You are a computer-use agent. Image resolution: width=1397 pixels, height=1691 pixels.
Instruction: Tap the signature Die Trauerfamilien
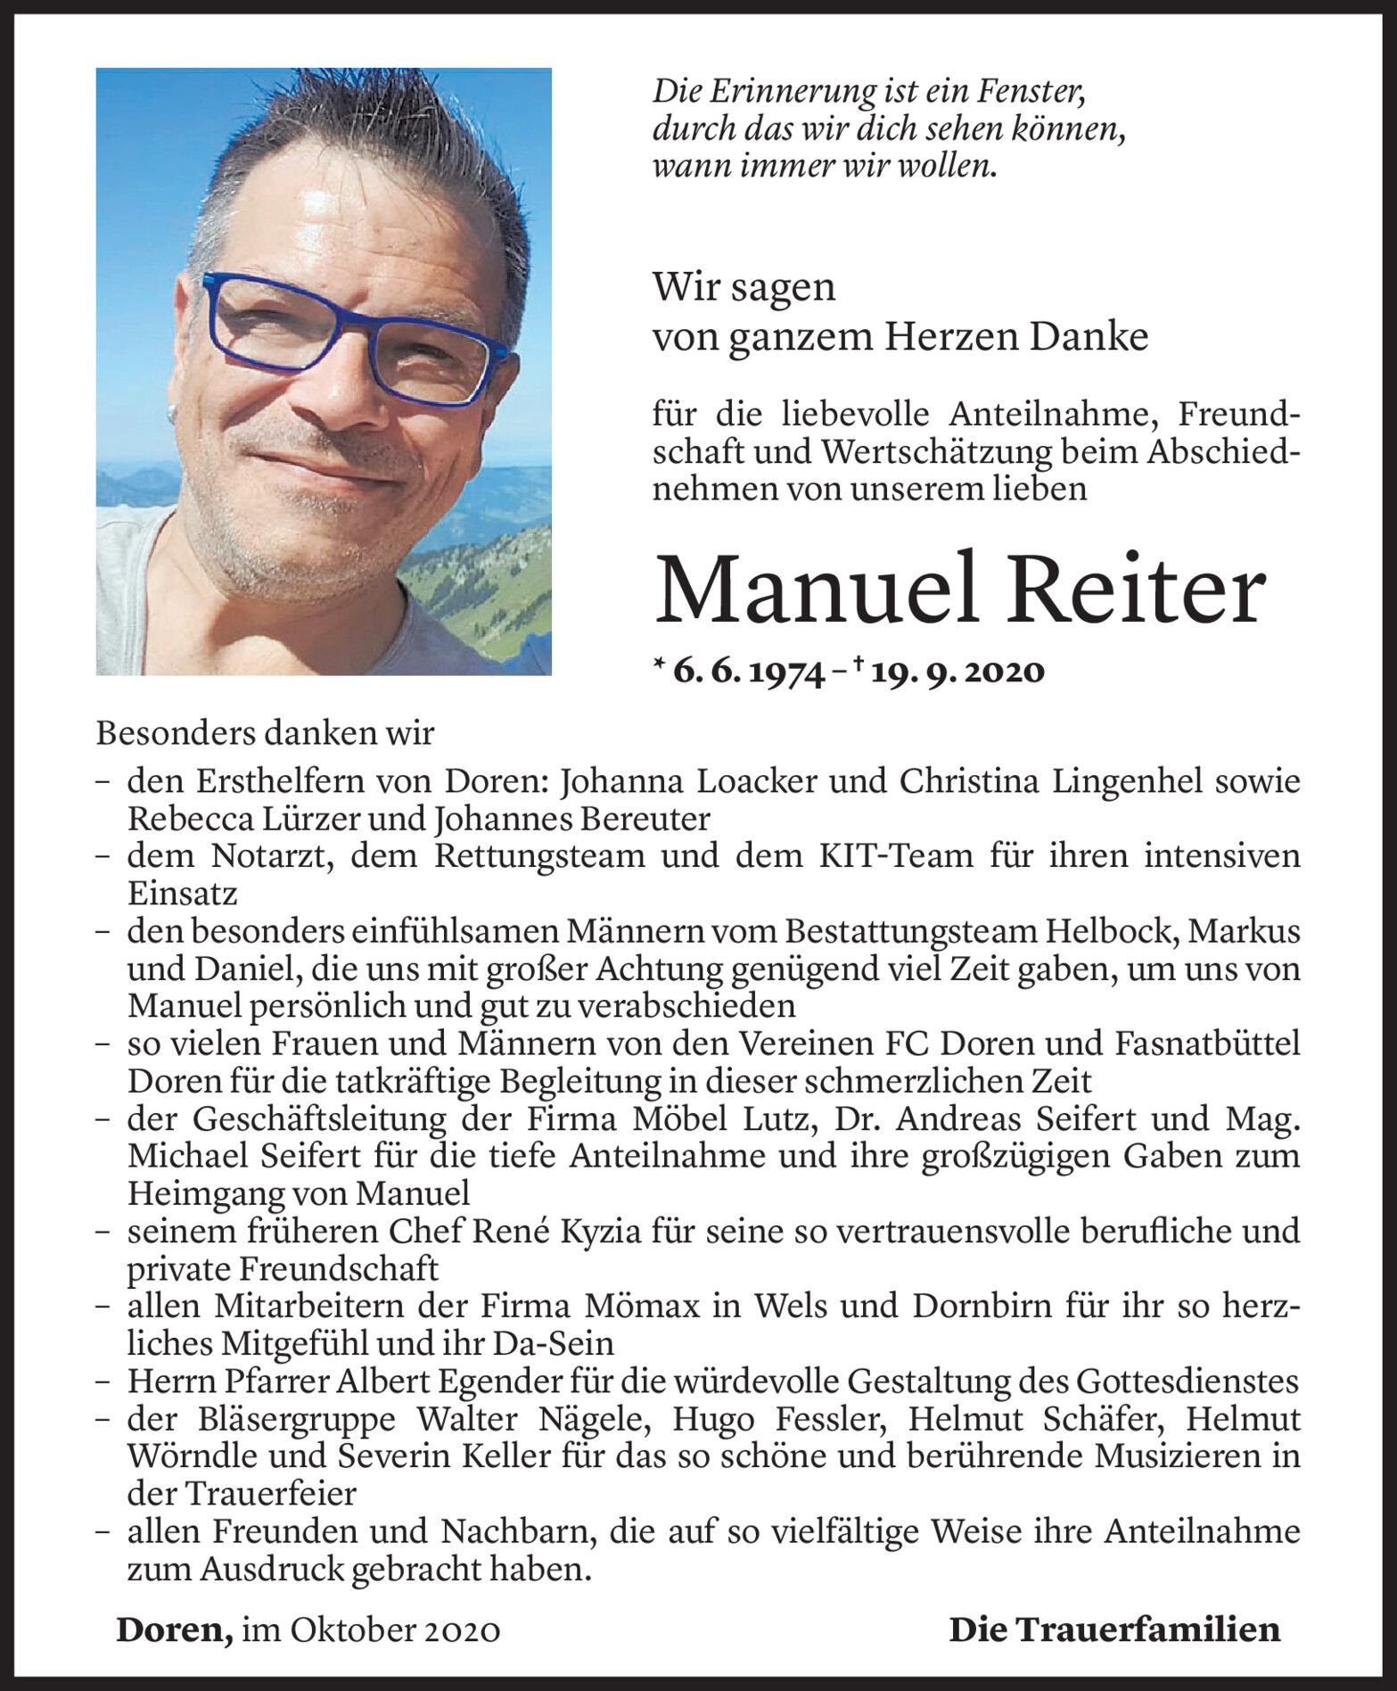click(1113, 1630)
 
